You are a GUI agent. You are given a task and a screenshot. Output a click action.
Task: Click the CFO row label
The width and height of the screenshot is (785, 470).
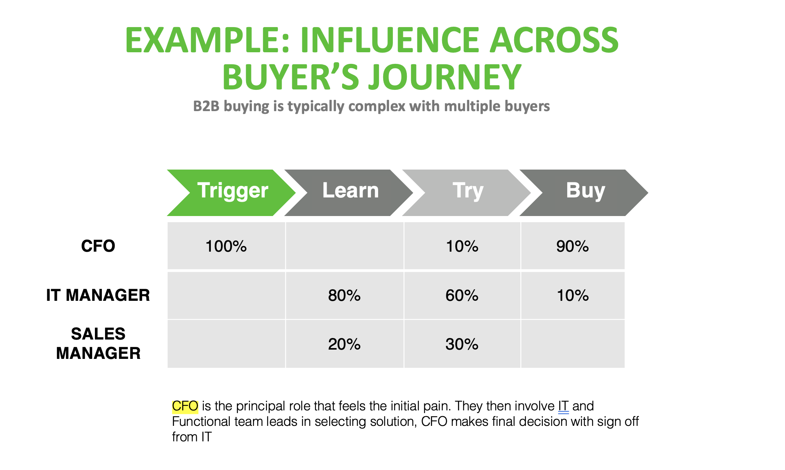[98, 246]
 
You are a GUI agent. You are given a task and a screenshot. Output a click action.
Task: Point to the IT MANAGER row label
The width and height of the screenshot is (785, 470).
[98, 295]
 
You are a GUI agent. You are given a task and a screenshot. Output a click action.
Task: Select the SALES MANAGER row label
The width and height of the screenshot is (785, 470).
[98, 343]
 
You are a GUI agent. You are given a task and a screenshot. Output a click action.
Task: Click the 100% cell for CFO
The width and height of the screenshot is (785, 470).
[226, 246]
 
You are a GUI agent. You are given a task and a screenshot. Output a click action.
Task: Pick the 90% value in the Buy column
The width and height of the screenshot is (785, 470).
[572, 246]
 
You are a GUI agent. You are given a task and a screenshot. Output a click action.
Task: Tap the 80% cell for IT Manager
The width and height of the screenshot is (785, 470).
[344, 296]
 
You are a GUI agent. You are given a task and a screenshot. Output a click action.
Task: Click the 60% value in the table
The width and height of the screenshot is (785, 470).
[462, 296]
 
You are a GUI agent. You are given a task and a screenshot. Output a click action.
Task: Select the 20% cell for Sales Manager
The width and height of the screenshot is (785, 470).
[344, 344]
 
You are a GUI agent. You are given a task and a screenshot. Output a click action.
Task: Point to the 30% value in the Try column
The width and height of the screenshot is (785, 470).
[462, 344]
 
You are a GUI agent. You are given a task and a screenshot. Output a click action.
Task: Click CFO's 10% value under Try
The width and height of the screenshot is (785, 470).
[462, 246]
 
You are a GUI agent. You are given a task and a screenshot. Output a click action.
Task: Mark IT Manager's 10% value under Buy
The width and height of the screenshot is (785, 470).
[572, 296]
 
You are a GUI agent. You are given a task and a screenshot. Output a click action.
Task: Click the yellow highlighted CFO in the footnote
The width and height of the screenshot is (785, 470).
[185, 406]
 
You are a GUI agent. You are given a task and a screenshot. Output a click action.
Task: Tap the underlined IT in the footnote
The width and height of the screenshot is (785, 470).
[563, 406]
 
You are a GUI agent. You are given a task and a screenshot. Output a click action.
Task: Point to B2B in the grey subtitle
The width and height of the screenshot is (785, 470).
[206, 106]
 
